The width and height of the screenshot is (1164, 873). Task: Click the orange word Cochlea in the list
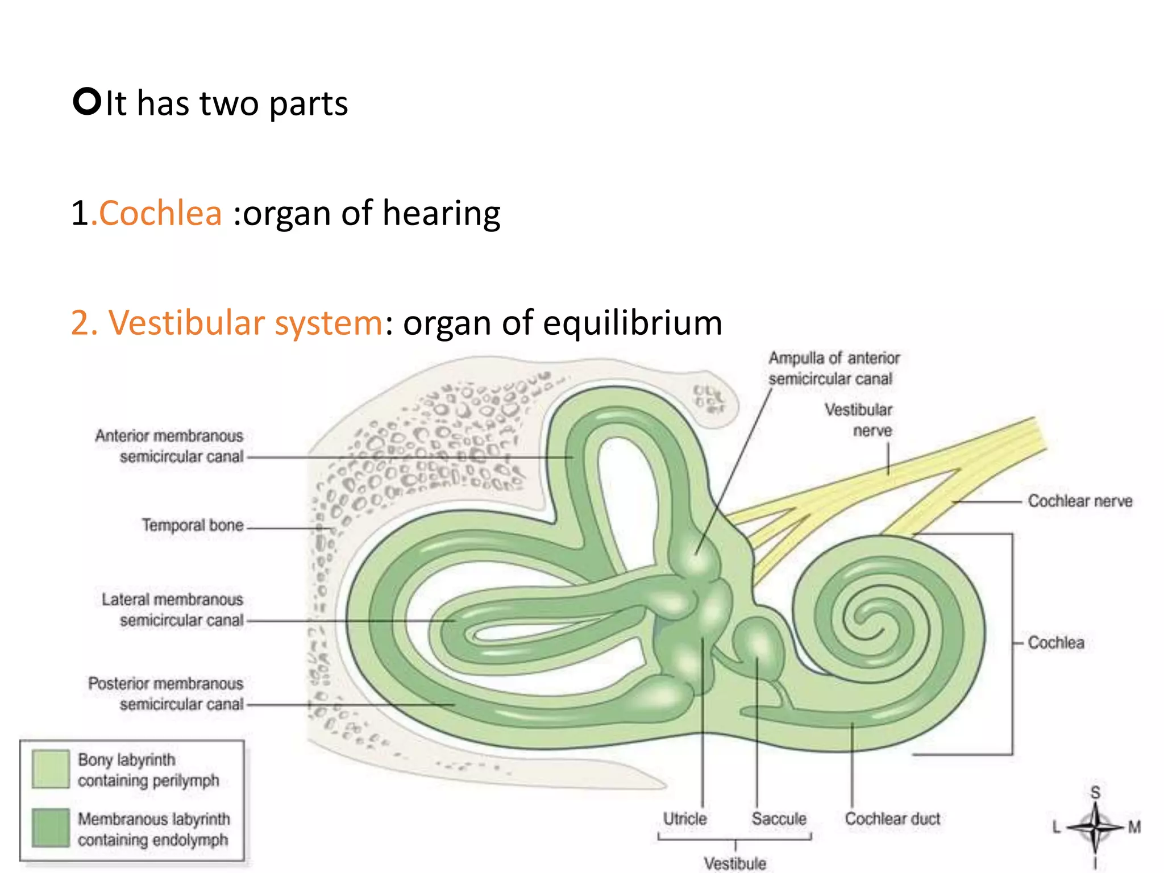(160, 214)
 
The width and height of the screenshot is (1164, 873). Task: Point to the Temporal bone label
(192, 525)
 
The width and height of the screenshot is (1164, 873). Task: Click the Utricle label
(685, 819)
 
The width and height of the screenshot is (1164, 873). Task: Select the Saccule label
(779, 819)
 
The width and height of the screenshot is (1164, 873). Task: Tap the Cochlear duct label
(892, 819)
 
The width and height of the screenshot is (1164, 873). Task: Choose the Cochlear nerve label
(1080, 501)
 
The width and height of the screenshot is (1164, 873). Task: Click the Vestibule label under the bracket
(735, 863)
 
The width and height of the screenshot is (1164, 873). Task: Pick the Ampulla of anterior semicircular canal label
(834, 368)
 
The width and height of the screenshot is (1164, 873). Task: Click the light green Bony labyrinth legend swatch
(51, 769)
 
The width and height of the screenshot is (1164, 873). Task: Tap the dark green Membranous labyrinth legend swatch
(51, 828)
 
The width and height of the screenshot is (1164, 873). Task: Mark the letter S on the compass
(1095, 792)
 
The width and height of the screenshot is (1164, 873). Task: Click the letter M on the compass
(1134, 827)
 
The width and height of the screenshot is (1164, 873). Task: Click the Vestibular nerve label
(858, 420)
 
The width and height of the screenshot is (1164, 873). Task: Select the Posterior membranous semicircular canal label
(165, 694)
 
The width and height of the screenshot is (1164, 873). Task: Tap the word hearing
(441, 214)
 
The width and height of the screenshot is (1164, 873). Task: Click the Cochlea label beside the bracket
(1056, 643)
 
